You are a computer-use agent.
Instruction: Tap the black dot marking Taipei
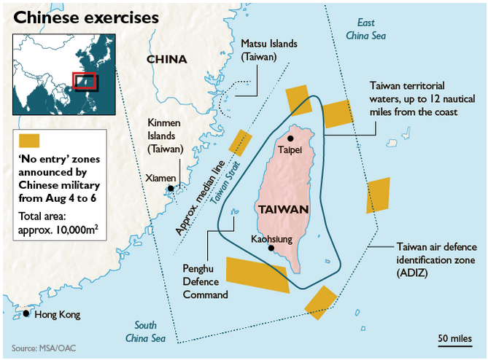click(x=290, y=138)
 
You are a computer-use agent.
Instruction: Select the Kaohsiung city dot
click(x=271, y=248)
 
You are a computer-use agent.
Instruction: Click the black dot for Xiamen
click(x=171, y=188)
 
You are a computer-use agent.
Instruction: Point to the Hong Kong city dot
click(x=26, y=313)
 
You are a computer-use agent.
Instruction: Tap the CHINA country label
click(x=166, y=59)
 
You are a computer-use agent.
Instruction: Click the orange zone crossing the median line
click(x=240, y=142)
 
